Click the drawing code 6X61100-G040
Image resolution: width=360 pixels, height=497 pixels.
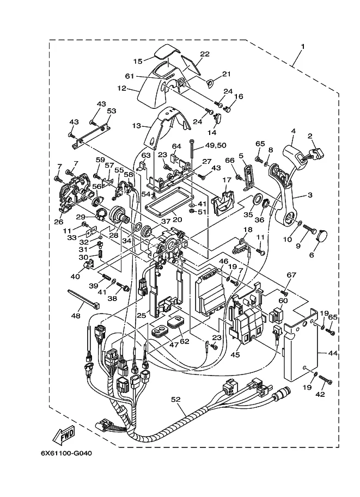click(x=66, y=453)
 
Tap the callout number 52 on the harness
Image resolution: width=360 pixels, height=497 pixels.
click(x=175, y=400)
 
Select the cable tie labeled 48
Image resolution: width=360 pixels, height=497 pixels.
click(x=83, y=299)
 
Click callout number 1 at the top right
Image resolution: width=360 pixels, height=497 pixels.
click(x=303, y=47)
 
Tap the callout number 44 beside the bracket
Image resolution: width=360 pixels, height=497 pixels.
click(x=333, y=353)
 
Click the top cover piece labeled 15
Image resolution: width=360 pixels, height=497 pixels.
click(x=167, y=52)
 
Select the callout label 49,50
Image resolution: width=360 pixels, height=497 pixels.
click(x=216, y=145)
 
